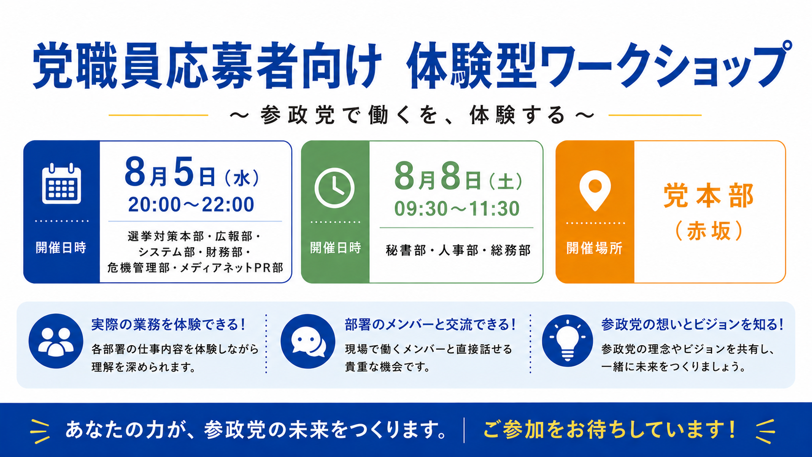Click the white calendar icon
(x=61, y=184)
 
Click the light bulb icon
(x=567, y=340)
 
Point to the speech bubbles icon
(x=308, y=341)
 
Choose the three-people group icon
(x=56, y=341)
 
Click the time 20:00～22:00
(x=191, y=205)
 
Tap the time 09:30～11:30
(x=457, y=209)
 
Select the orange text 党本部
(x=709, y=196)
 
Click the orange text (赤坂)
(x=709, y=231)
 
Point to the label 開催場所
(x=594, y=248)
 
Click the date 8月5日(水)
(x=192, y=172)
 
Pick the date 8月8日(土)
(x=458, y=177)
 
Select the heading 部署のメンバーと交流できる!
(x=431, y=325)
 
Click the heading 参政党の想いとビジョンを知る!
(x=693, y=325)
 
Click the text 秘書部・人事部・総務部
(x=458, y=251)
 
